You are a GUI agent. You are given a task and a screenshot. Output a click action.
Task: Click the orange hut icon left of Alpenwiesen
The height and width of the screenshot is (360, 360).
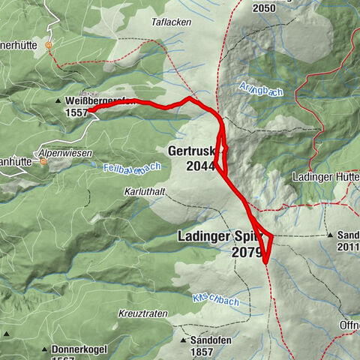coord(43,161)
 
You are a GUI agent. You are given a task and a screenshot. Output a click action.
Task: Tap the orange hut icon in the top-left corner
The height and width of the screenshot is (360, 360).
coord(49,44)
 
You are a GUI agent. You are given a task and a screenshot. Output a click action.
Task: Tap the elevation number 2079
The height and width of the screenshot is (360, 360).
coord(246,253)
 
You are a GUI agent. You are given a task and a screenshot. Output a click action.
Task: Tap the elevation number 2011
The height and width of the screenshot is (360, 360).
coord(349,247)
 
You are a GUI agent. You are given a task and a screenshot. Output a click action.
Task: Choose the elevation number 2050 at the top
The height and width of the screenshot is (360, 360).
coord(264,7)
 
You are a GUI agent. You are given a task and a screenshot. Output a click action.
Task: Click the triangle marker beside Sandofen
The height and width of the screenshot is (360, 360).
coord(184,340)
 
